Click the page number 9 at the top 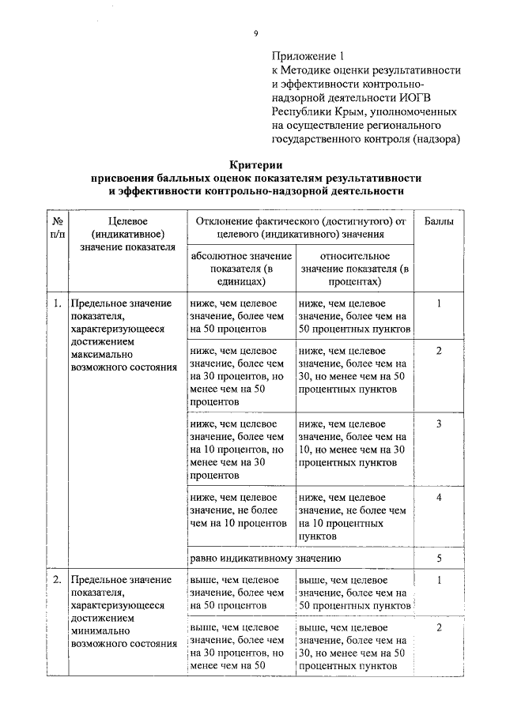(x=255, y=32)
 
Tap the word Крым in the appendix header (x=342, y=111)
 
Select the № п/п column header (x=57, y=228)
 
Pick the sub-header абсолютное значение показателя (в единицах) (x=240, y=269)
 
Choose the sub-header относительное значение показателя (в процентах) (x=355, y=269)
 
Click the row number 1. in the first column (x=57, y=303)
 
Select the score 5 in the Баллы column (x=439, y=558)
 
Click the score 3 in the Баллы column (x=439, y=424)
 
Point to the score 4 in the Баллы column (x=439, y=497)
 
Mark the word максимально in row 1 (x=101, y=355)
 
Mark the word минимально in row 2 (x=100, y=630)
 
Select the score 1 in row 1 (x=439, y=303)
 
